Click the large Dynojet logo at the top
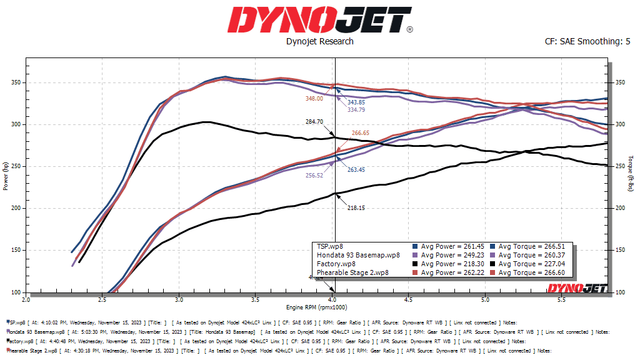click(319, 20)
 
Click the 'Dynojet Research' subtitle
click(319, 41)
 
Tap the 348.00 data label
click(314, 98)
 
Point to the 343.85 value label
click(356, 102)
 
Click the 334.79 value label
click(356, 110)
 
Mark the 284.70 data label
click(314, 122)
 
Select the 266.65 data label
click(361, 132)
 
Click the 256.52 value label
click(314, 176)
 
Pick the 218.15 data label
click(356, 207)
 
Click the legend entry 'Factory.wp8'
click(336, 264)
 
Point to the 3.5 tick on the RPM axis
click(256, 301)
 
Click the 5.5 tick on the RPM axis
click(562, 301)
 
